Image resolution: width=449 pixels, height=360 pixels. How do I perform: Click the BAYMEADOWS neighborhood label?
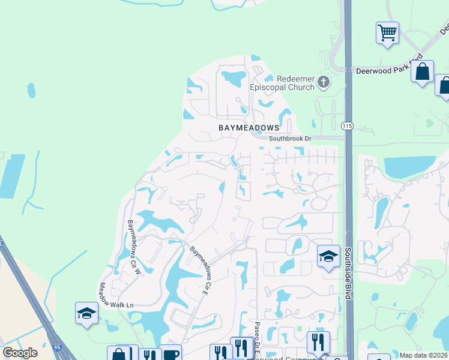[249, 128]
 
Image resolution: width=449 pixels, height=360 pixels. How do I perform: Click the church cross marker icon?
[324, 82]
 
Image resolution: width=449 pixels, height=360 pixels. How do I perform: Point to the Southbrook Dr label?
[291, 139]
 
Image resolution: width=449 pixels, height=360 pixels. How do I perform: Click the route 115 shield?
[347, 125]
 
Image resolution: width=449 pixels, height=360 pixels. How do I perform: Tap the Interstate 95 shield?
[57, 347]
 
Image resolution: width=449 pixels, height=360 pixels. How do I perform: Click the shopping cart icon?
[388, 32]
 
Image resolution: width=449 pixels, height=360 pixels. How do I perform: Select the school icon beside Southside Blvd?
[328, 257]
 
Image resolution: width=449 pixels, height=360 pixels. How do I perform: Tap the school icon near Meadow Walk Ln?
[86, 313]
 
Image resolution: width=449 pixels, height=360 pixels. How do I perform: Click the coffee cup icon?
[170, 355]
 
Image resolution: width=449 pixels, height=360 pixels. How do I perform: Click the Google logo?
[20, 353]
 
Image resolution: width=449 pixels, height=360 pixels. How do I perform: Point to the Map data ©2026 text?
[423, 355]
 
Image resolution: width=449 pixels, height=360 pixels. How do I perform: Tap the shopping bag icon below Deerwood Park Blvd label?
[423, 71]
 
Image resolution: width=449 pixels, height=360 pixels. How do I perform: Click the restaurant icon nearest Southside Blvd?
[318, 342]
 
